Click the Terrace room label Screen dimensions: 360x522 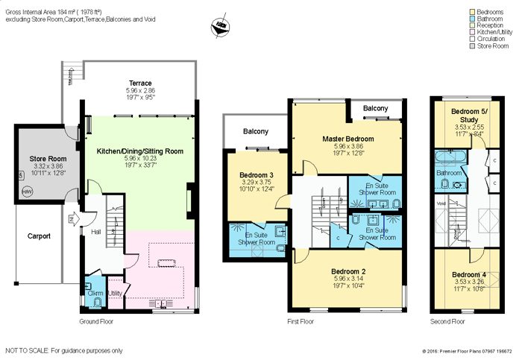tap(139, 83)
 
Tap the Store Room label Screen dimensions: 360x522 tap(48, 159)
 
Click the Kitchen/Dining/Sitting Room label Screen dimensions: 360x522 tap(140, 151)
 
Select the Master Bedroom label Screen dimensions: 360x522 tap(348, 139)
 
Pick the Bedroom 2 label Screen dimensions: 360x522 tap(348, 271)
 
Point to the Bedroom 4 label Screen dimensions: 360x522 tap(469, 274)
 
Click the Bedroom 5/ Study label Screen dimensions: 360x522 tap(469, 115)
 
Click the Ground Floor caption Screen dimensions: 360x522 tap(96, 321)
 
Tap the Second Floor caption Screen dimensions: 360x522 tap(447, 321)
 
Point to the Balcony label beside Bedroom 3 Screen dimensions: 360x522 tap(255, 132)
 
